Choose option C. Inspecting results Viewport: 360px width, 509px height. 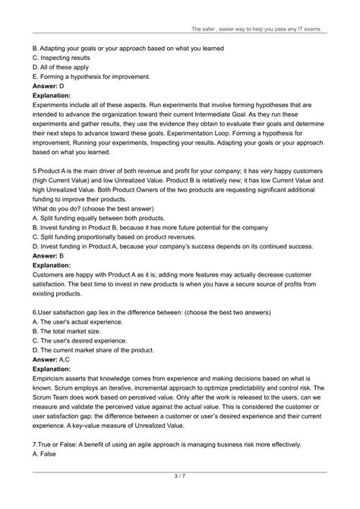[65, 58]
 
